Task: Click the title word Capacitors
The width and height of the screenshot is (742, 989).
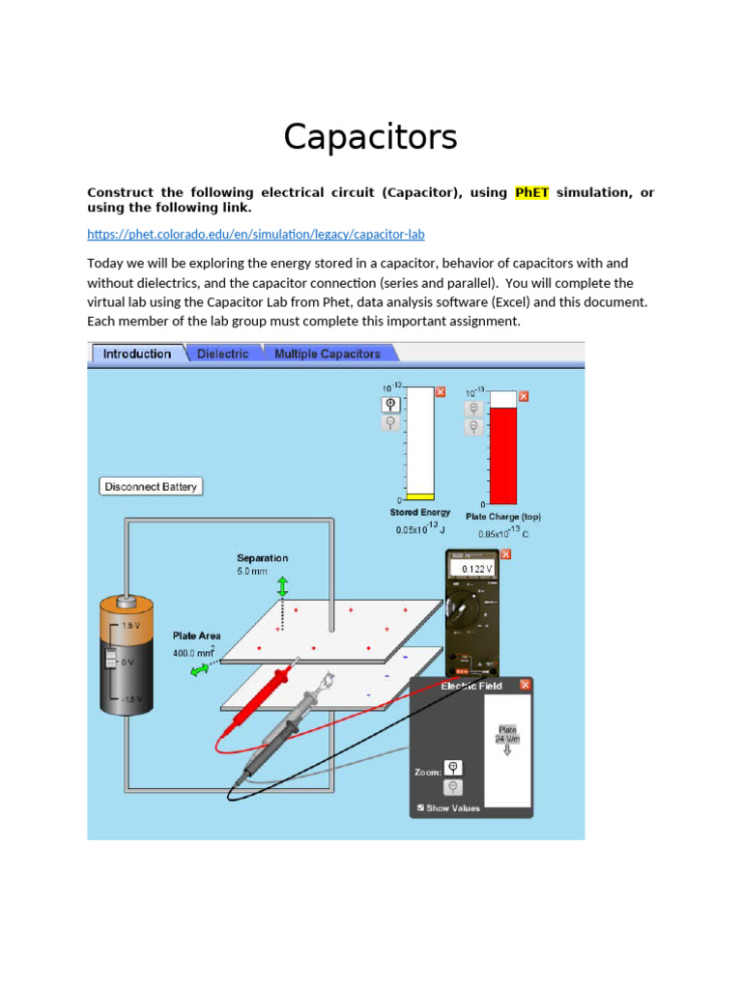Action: [370, 137]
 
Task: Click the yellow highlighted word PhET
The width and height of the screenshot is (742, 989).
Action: [531, 192]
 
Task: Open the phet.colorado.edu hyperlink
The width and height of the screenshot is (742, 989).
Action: [255, 235]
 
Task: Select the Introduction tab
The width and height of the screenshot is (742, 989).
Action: [136, 354]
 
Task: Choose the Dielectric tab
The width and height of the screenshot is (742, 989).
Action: [222, 354]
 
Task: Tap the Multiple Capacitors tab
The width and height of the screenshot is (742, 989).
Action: [327, 354]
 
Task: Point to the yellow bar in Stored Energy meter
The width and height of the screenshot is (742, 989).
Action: [419, 496]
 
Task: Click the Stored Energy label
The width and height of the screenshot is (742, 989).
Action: [419, 513]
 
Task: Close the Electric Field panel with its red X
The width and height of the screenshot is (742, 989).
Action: [525, 686]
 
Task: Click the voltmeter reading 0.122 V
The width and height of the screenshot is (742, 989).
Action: [476, 570]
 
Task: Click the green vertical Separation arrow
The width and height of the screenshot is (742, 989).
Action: [283, 586]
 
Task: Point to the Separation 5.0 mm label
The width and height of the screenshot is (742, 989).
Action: [262, 565]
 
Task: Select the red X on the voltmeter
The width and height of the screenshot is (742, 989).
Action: [506, 554]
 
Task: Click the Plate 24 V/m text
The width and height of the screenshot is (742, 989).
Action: [507, 734]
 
